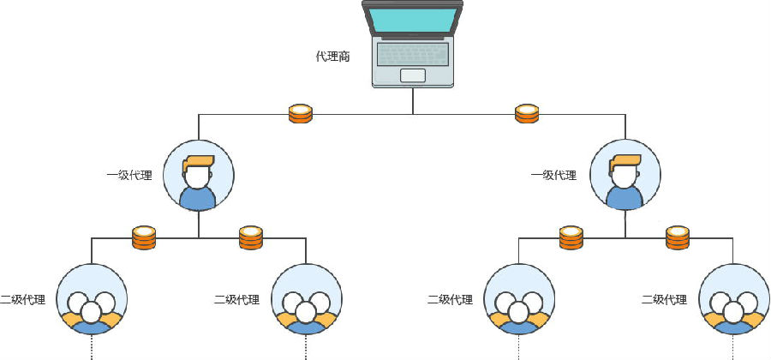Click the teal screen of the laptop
pos(412,20)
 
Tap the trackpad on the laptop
pos(412,75)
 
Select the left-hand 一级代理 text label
pos(128,176)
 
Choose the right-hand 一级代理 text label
pos(553,176)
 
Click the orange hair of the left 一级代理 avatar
pos(199,161)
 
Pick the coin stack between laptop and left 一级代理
pos(300,113)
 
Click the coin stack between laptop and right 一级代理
pos(526,113)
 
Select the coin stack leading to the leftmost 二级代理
pos(144,237)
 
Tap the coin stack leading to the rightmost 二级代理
pos(678,237)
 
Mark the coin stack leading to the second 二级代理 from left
pos(250,237)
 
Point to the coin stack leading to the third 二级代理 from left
pos(571,237)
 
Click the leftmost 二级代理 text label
pos(23,300)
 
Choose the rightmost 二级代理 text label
pos(664,300)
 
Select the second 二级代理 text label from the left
pos(236,300)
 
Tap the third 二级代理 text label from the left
pos(450,300)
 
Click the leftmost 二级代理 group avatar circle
pos(92,300)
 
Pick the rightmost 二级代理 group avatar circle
pos(733,300)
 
